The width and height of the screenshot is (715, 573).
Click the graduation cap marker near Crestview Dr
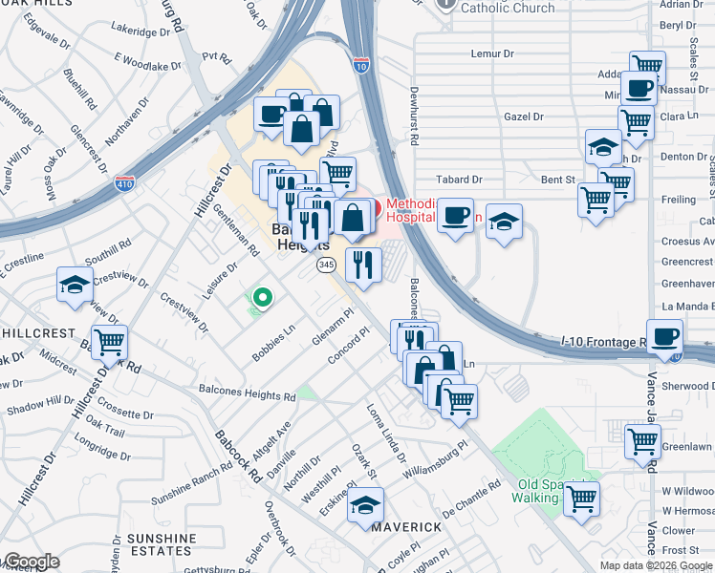[75, 286]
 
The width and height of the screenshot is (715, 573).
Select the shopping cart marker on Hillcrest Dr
[110, 340]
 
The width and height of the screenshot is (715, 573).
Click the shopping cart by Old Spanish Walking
[581, 498]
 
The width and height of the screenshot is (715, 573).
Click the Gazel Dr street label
[524, 117]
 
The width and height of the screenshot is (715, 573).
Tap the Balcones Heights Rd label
[247, 392]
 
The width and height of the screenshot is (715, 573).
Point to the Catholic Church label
[507, 8]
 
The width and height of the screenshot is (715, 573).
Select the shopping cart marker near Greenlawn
[641, 441]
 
